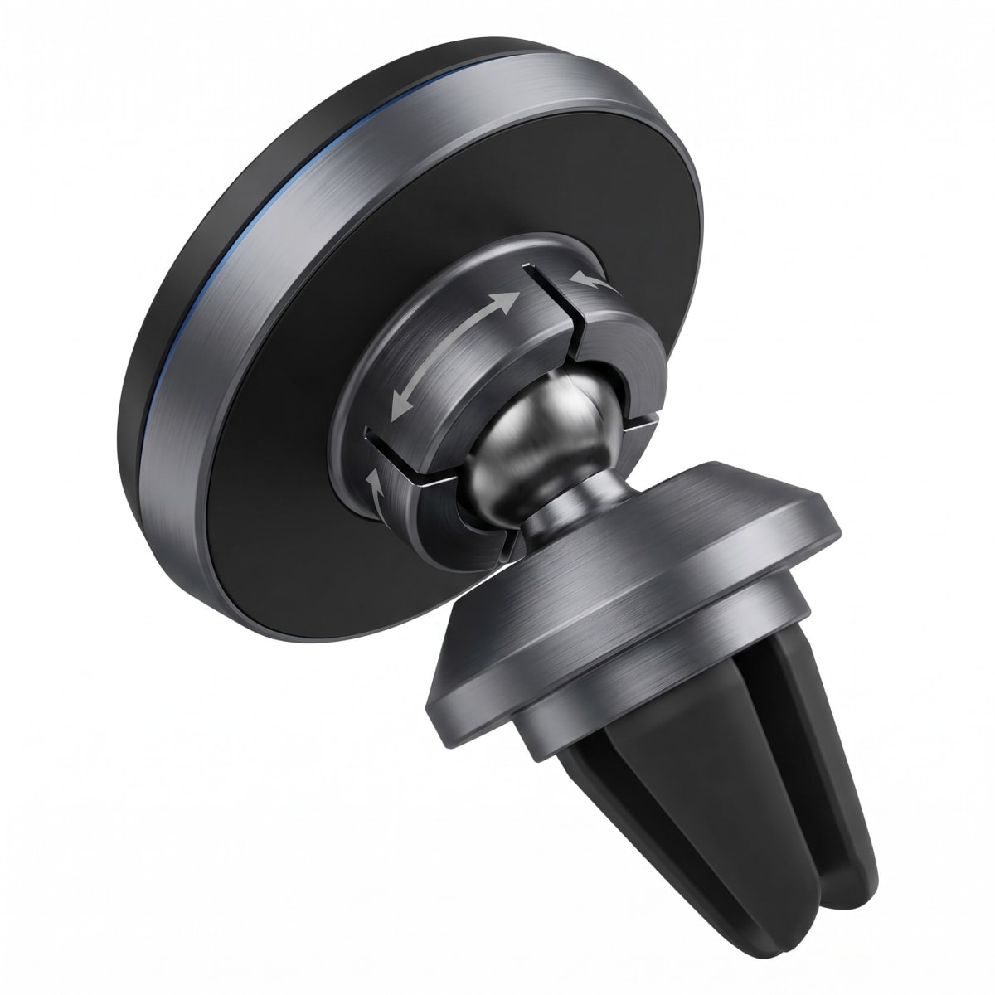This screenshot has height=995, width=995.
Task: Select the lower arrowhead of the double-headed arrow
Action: click(x=398, y=410)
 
